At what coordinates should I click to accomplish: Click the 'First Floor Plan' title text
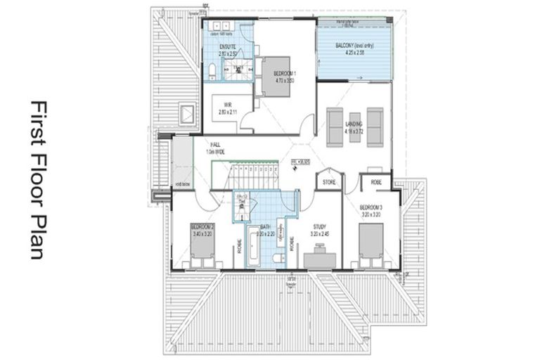click(x=37, y=180)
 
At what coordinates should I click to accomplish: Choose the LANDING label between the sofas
click(x=354, y=127)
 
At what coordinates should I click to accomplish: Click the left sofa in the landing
click(x=335, y=127)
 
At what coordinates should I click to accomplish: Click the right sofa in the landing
click(x=375, y=127)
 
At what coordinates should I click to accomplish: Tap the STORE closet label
click(x=328, y=182)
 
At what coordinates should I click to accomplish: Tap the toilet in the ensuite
click(x=212, y=70)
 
